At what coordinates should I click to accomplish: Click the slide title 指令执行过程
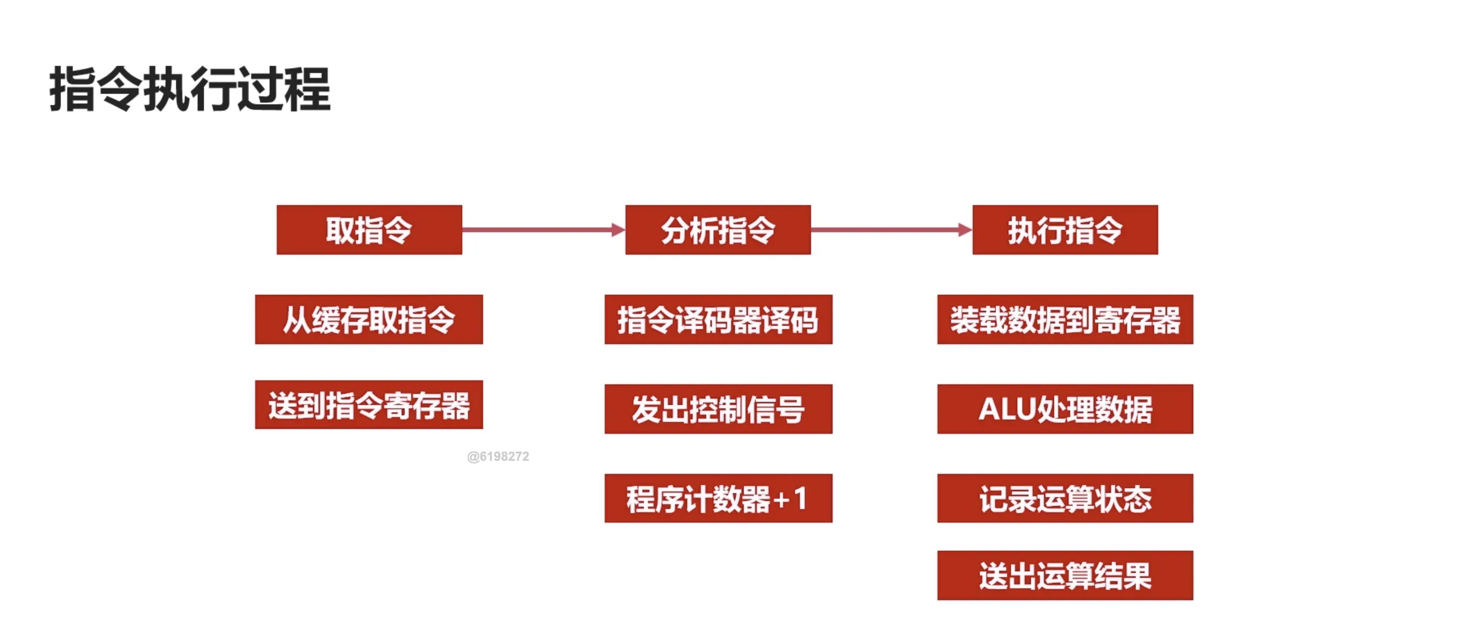click(x=190, y=89)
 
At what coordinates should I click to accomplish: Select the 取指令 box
click(x=368, y=230)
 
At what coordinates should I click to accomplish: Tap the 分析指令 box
click(x=718, y=230)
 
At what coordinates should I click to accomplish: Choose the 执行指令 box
click(x=1065, y=230)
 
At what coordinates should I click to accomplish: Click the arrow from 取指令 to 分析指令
click(x=538, y=230)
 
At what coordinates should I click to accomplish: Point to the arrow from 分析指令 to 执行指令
click(x=886, y=230)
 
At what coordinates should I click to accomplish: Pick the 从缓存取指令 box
click(x=368, y=319)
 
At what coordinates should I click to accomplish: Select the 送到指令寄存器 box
click(x=368, y=405)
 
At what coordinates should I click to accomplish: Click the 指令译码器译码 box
click(x=718, y=319)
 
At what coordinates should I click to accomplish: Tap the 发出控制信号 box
click(x=718, y=409)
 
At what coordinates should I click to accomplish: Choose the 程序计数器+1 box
click(x=718, y=499)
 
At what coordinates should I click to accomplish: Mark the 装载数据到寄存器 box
click(x=1065, y=319)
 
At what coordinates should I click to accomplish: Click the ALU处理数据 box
click(x=1065, y=409)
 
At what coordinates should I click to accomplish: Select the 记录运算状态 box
click(x=1065, y=499)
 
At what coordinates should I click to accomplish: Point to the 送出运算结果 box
click(x=1065, y=575)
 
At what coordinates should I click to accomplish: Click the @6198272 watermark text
click(x=498, y=457)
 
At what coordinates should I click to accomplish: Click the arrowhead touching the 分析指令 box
click(x=618, y=230)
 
